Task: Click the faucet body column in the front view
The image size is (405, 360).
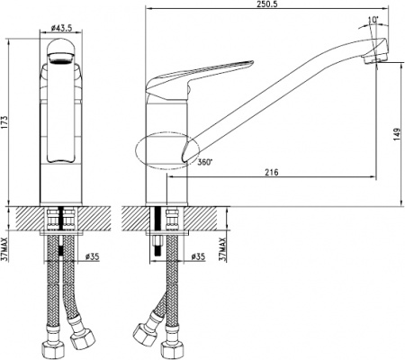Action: (60, 135)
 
